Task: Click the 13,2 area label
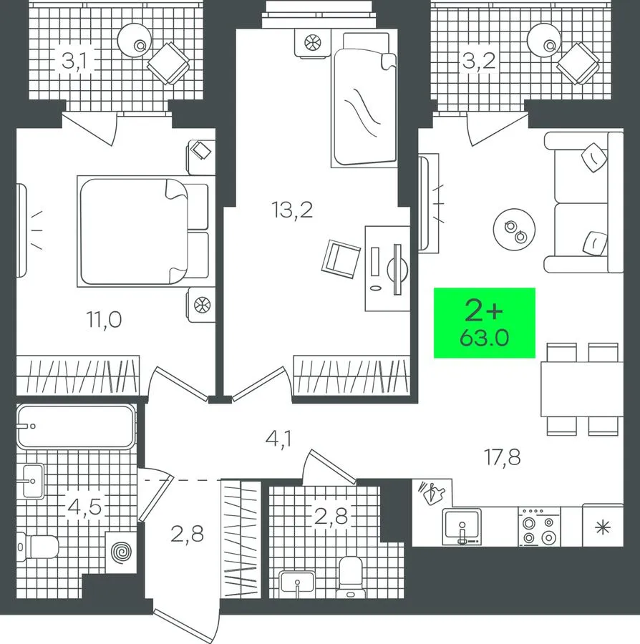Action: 292,210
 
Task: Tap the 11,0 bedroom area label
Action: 104,320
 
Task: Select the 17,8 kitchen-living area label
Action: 503,457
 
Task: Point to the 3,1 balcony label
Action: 74,62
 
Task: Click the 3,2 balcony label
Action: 479,62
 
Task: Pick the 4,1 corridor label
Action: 279,439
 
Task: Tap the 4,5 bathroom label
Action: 84,507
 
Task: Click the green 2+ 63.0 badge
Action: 485,323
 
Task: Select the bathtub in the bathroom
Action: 76,426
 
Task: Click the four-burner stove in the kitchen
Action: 539,527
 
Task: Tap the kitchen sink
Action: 462,527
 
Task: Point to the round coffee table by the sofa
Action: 514,230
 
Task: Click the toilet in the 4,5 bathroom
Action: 38,547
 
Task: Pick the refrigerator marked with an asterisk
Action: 603,526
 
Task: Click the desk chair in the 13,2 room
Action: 341,259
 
